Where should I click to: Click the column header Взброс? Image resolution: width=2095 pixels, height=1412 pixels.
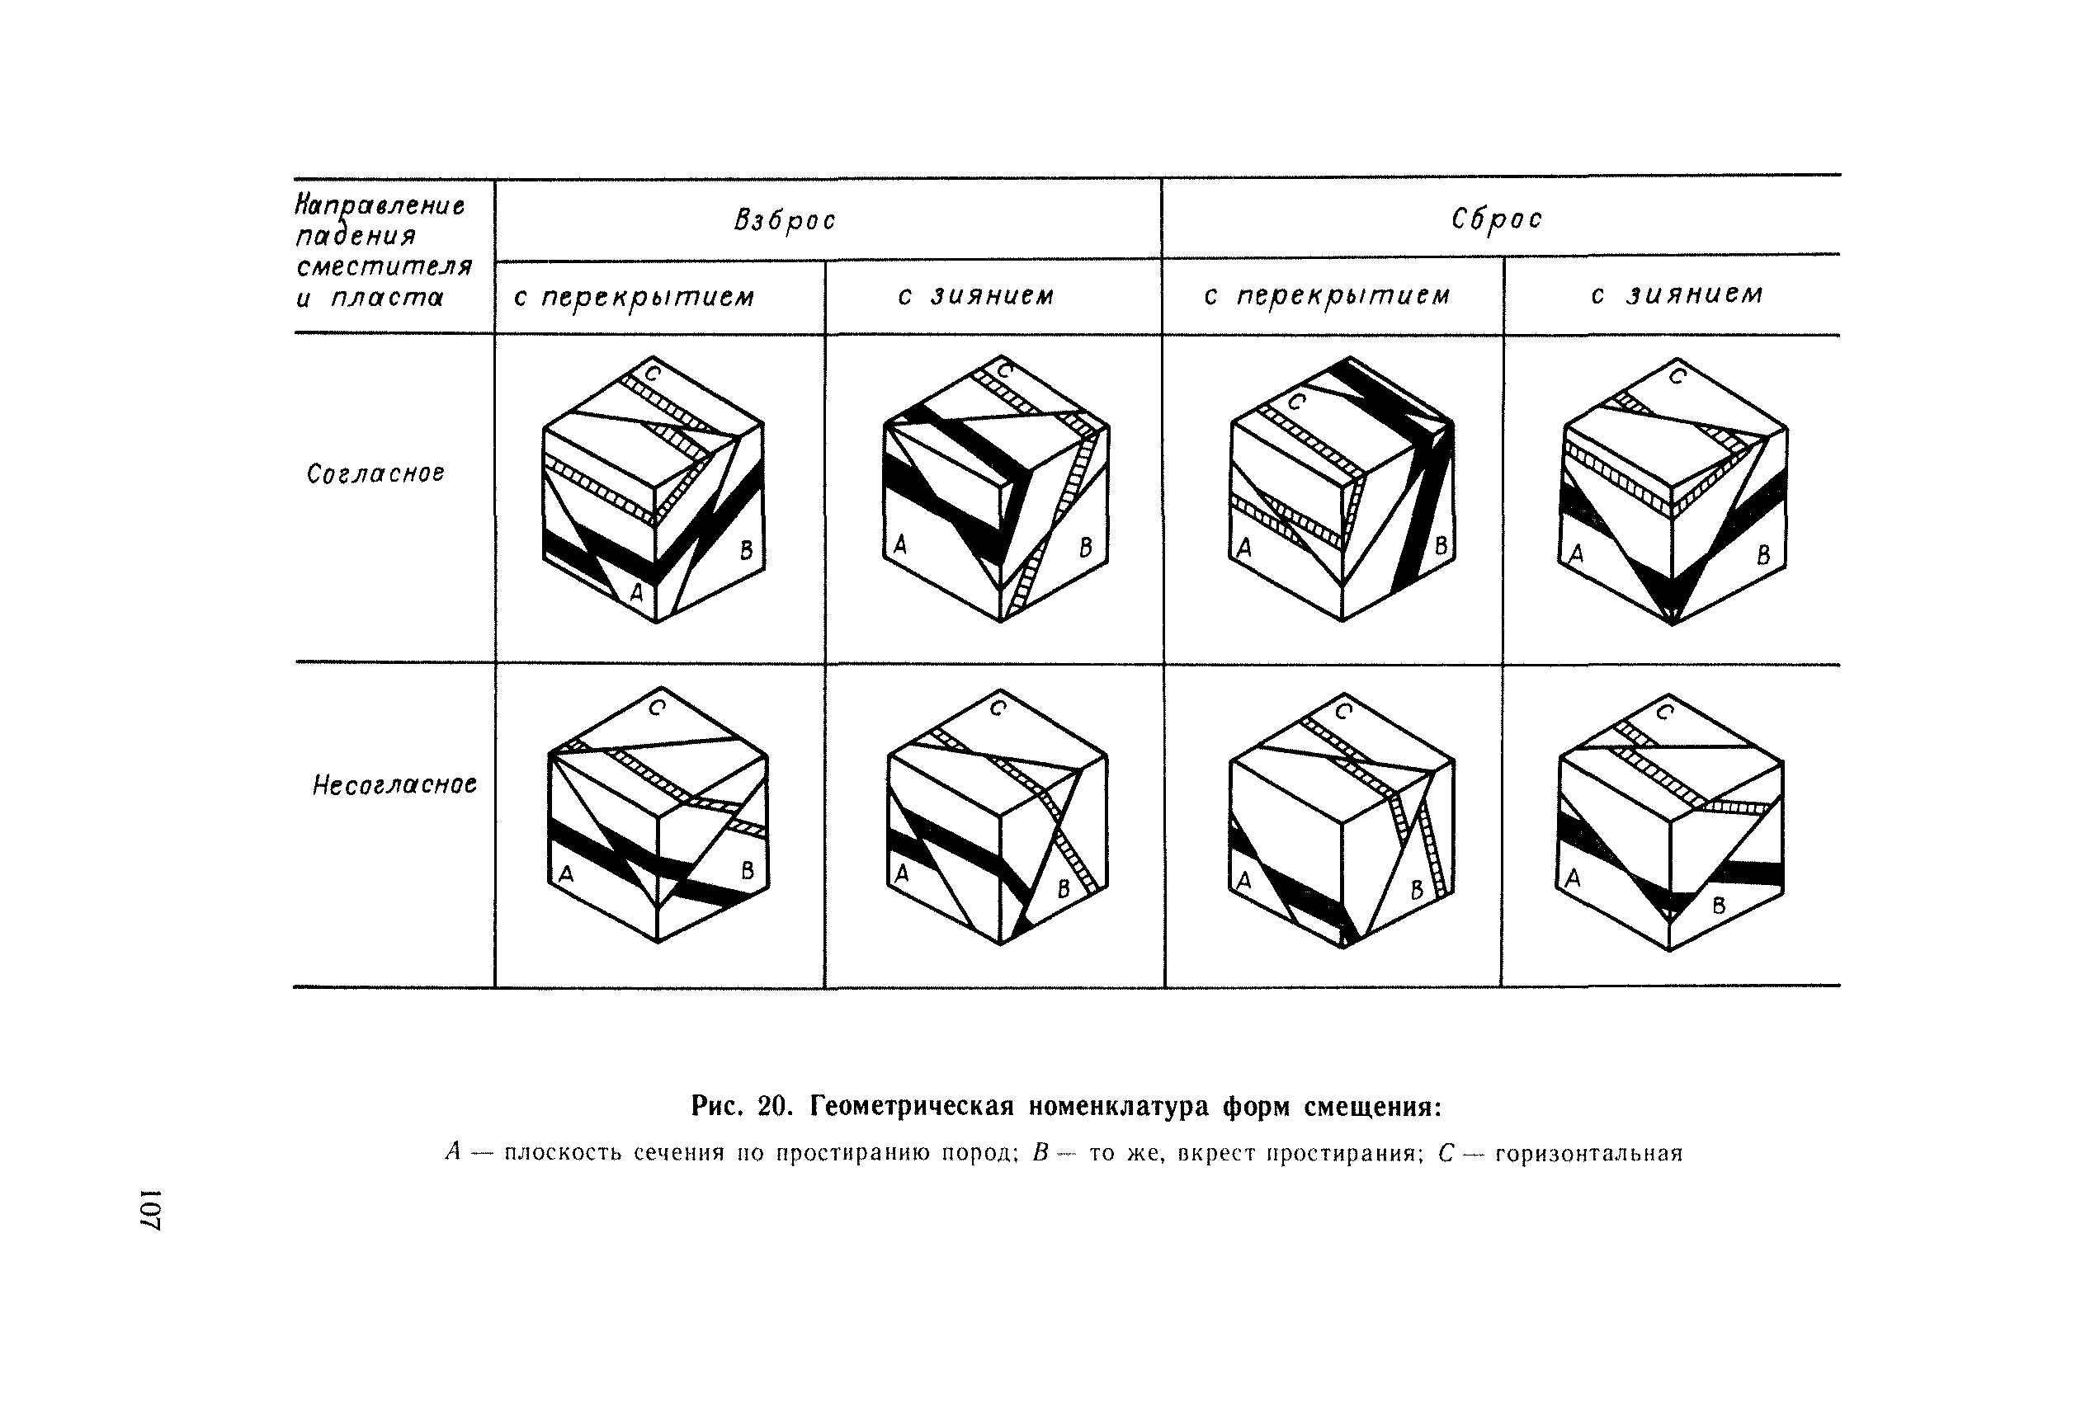785,221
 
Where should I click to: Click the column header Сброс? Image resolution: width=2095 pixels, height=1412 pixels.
1496,219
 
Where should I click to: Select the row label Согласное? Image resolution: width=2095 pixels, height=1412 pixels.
375,473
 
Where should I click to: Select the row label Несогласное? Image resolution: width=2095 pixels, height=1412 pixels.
394,785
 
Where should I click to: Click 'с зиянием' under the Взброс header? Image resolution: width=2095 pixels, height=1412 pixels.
975,296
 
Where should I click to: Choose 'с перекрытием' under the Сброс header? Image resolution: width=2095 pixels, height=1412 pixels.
1327,296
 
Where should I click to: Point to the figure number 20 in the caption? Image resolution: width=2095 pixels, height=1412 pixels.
774,1105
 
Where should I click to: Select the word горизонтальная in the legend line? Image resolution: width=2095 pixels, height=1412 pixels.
1589,1154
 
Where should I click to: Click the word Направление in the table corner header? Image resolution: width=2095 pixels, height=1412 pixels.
380,206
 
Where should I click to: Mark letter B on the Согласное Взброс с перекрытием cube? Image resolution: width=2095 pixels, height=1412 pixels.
746,550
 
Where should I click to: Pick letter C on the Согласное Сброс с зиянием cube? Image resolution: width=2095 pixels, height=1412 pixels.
1677,375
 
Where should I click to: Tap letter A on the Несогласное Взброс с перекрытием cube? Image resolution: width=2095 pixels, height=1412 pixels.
567,873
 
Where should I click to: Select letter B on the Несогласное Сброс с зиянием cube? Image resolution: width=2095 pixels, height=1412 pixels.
1719,906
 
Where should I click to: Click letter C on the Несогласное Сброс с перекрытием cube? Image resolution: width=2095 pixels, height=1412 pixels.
1343,712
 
